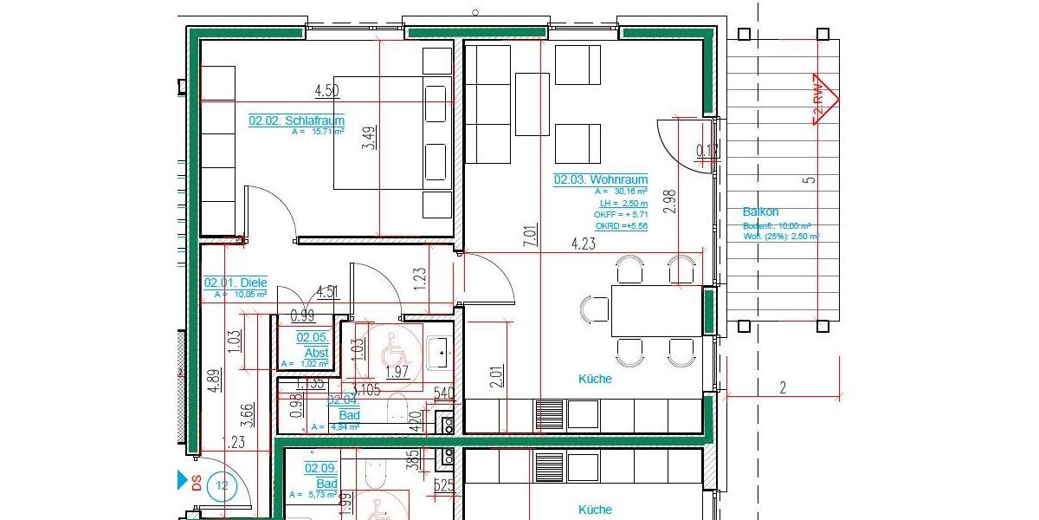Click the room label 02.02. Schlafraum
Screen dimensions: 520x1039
(296, 121)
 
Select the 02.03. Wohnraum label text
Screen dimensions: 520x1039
(600, 179)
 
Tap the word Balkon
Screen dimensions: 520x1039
(760, 211)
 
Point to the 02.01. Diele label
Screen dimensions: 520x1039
(236, 283)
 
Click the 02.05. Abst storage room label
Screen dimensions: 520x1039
(312, 345)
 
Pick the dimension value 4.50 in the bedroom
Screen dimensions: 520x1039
(326, 90)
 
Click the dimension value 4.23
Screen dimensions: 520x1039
(583, 244)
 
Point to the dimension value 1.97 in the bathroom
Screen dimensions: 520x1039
(396, 373)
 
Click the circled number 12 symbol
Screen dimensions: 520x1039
(221, 485)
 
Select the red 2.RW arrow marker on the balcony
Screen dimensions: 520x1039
(823, 100)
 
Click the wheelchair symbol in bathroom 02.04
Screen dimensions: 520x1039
(387, 348)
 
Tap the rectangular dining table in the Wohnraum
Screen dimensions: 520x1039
(655, 309)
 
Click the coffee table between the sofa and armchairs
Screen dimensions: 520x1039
(532, 104)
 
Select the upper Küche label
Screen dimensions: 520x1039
(595, 379)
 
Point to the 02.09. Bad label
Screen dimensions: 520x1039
(320, 475)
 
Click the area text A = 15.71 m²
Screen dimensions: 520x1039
(318, 133)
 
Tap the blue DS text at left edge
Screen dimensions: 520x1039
(197, 484)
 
